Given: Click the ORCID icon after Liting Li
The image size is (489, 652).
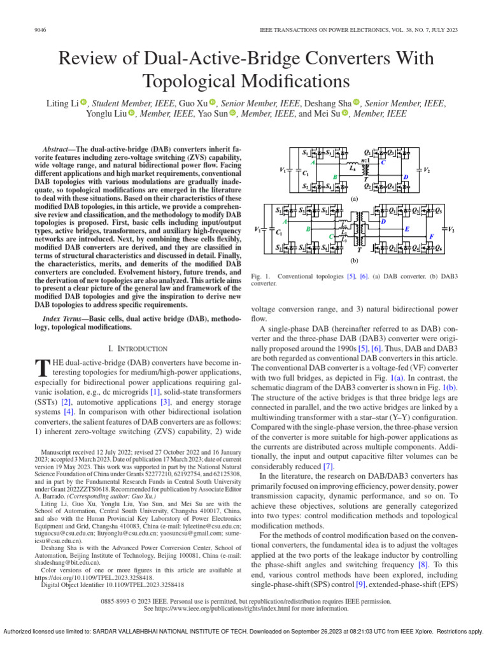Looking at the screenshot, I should click(85, 103).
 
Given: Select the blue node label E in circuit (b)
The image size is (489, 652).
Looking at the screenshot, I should click(407, 229).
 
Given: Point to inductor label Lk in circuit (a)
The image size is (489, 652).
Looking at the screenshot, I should click(352, 169).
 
